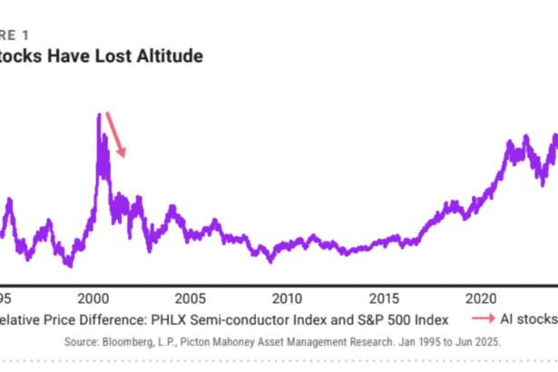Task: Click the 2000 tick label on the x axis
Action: click(93, 298)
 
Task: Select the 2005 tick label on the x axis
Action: click(189, 298)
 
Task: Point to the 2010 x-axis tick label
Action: click(287, 298)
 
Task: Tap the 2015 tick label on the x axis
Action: click(384, 298)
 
